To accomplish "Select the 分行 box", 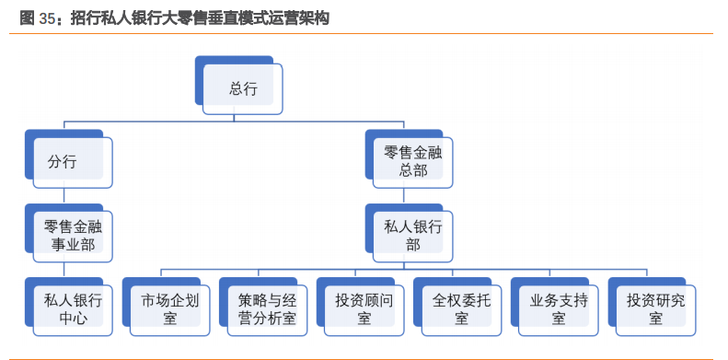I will (x=73, y=163).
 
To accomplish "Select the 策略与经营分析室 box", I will (x=267, y=308).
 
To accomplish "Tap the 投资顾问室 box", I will (x=364, y=308).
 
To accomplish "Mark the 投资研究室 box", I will (x=655, y=308).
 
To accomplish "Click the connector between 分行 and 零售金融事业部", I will (x=63, y=196).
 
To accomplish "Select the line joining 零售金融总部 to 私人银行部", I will (x=403, y=195).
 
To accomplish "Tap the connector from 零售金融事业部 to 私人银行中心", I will (x=63, y=269).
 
